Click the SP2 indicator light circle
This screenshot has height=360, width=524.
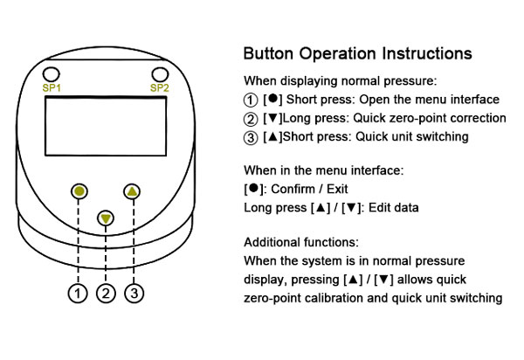[x=159, y=74]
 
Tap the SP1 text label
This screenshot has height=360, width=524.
[x=52, y=88]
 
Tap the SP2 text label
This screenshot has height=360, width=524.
[x=159, y=88]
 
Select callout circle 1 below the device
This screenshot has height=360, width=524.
[x=79, y=294]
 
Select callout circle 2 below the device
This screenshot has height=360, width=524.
[x=106, y=294]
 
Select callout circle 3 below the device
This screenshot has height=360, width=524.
[x=133, y=294]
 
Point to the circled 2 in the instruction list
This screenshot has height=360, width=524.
[x=251, y=118]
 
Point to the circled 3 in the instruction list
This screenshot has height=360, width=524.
[x=251, y=136]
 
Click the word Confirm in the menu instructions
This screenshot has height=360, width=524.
[x=293, y=189]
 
